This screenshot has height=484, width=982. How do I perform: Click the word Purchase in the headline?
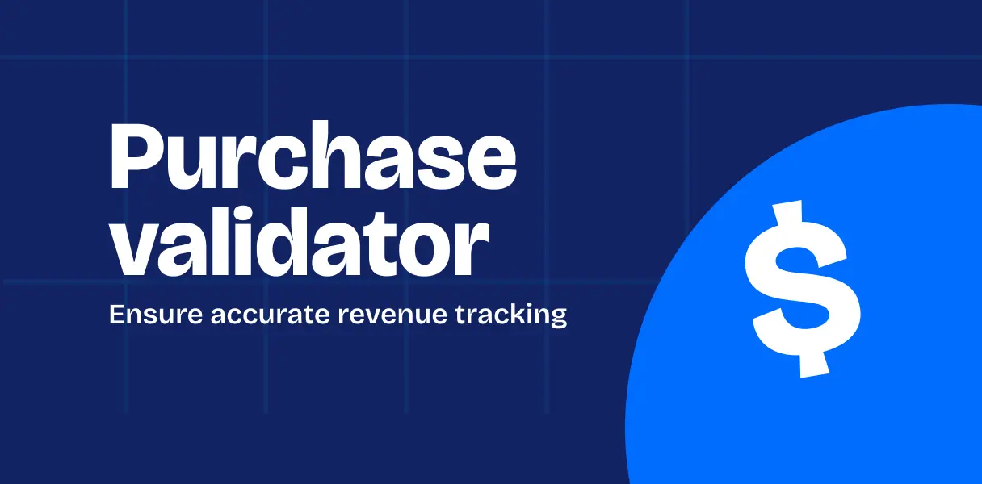[312, 158]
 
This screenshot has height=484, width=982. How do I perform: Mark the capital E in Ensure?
[116, 315]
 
